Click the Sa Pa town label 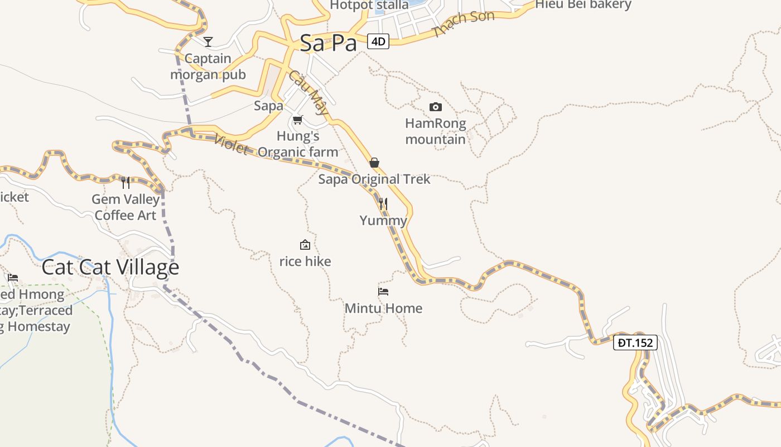[328, 43]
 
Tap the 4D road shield [378, 41]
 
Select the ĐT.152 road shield [635, 343]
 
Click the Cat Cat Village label [110, 267]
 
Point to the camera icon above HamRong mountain [436, 107]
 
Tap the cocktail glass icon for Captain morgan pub [208, 41]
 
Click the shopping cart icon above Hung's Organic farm [298, 120]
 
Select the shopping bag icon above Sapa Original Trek [374, 163]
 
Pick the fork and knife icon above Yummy [383, 203]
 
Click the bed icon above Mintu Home [383, 291]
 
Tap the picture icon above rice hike [305, 245]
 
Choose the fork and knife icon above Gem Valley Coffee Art [126, 182]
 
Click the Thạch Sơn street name [463, 24]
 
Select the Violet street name [231, 144]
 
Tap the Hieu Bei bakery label [583, 5]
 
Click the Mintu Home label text [383, 308]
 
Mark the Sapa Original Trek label [374, 179]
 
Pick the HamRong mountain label [436, 131]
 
